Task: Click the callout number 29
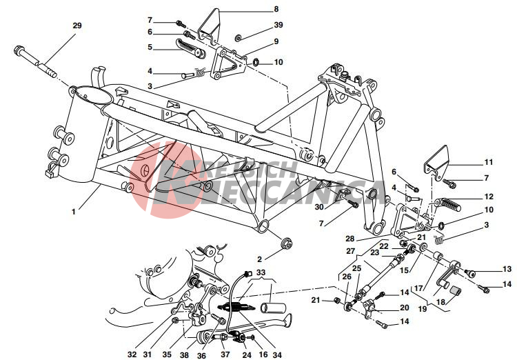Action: pos(77,26)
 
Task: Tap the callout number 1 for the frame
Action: pos(74,212)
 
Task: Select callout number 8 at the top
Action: pos(276,9)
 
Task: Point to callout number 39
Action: pos(278,25)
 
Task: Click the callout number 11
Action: pos(489,162)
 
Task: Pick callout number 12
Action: pos(489,197)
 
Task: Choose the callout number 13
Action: pos(507,269)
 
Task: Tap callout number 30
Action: pos(319,207)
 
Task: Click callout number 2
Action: pos(259,259)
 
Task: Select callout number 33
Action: pos(261,273)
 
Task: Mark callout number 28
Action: pos(349,238)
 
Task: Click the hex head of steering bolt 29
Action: pos(18,51)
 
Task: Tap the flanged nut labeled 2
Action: pos(286,243)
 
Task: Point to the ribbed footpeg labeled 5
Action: pos(190,48)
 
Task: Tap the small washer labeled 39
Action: pos(238,39)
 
